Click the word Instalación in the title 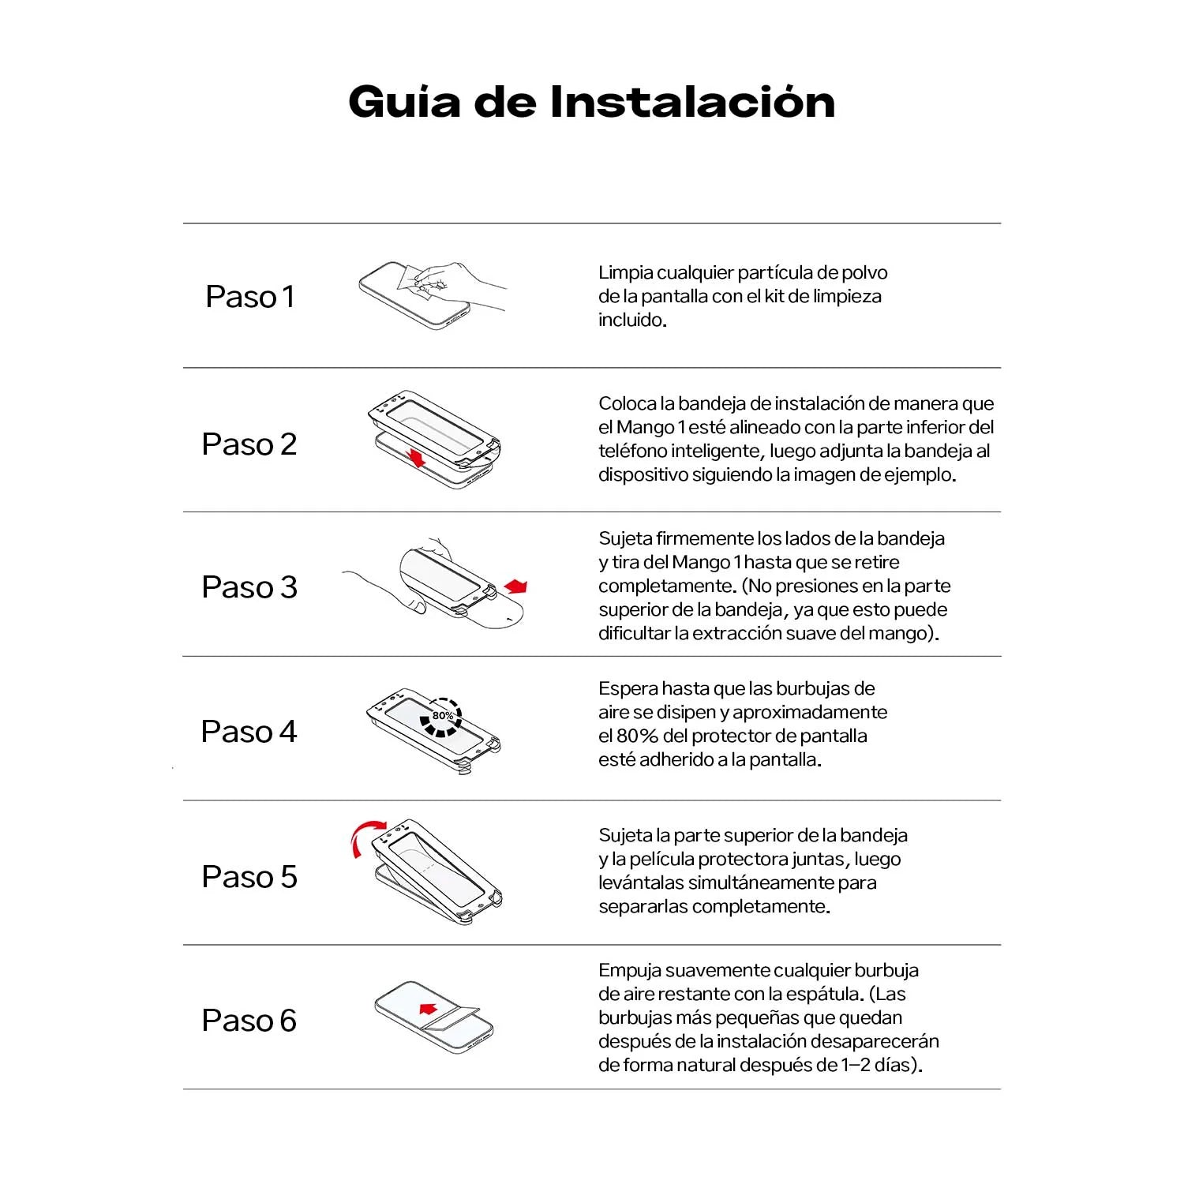tap(692, 103)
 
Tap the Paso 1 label tap(249, 297)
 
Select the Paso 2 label tap(249, 444)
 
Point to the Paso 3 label tap(249, 587)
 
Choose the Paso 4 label tap(249, 732)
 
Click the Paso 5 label tap(249, 877)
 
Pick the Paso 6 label tap(249, 1021)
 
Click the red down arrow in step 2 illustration tap(417, 457)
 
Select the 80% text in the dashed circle tap(442, 716)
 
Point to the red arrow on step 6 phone tap(428, 1009)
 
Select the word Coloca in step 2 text tap(627, 404)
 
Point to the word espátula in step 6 tap(830, 995)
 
